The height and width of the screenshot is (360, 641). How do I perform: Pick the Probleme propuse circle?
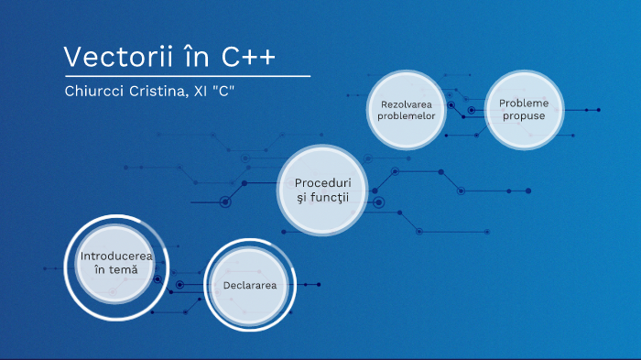click(x=523, y=110)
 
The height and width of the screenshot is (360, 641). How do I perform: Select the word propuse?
click(x=523, y=116)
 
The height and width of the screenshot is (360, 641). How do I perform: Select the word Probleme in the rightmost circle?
click(x=523, y=103)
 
